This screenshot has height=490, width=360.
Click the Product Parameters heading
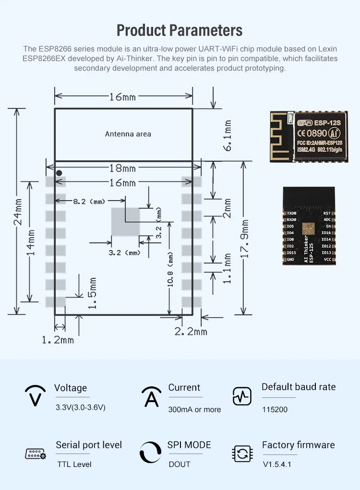pyautogui.click(x=180, y=30)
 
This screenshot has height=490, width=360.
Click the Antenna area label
pyautogui.click(x=128, y=134)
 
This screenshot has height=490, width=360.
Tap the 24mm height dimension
pyautogui.click(x=18, y=212)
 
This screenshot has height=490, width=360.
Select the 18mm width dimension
pyautogui.click(x=123, y=168)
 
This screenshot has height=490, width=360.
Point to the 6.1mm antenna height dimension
pyautogui.click(x=228, y=135)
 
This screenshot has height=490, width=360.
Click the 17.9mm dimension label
pyautogui.click(x=245, y=239)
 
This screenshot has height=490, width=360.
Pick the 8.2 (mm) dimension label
pyautogui.click(x=89, y=202)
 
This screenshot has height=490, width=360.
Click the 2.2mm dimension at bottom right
pyautogui.click(x=191, y=332)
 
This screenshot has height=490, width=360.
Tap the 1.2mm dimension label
pyautogui.click(x=58, y=340)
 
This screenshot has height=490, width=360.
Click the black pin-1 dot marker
pyautogui.click(x=59, y=173)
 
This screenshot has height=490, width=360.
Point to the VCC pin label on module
pyautogui.click(x=327, y=259)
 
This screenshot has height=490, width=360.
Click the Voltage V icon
pyautogui.click(x=35, y=396)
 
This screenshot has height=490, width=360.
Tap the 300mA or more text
pyautogui.click(x=194, y=409)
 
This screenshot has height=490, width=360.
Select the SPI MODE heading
pyautogui.click(x=189, y=445)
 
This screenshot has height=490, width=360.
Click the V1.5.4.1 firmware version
pyautogui.click(x=277, y=464)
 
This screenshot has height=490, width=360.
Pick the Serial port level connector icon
pyautogui.click(x=35, y=454)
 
